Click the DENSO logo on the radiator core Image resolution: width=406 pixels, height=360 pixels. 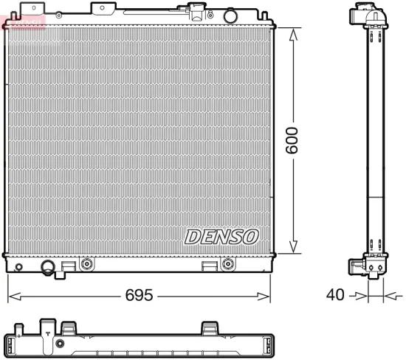pyautogui.click(x=221, y=237)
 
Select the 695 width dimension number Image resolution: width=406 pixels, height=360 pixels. pyautogui.click(x=140, y=296)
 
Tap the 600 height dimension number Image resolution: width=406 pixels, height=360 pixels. pyautogui.click(x=294, y=139)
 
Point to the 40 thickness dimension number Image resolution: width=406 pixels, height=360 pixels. pyautogui.click(x=335, y=296)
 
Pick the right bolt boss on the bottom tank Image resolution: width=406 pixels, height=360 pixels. pyautogui.click(x=227, y=263)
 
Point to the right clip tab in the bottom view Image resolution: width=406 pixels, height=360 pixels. pyautogui.click(x=210, y=327)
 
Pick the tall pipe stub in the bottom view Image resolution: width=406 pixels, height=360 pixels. pyautogui.click(x=48, y=327)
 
